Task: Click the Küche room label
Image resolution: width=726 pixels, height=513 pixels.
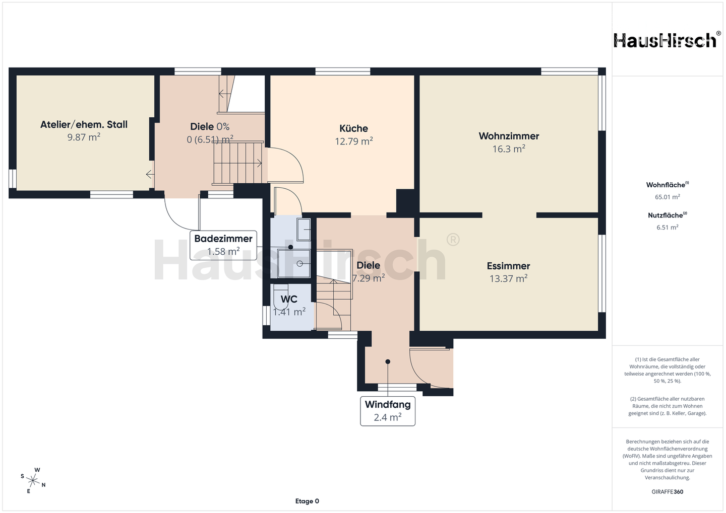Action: coord(353,128)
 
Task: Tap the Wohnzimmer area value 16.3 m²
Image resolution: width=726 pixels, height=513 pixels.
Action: coord(509,149)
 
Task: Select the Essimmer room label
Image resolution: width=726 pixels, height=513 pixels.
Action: coord(509,266)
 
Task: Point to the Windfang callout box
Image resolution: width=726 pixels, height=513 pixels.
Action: coord(388,411)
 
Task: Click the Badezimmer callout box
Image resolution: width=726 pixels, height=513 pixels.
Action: coord(223,245)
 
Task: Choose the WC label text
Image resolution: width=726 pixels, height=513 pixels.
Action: coord(289,299)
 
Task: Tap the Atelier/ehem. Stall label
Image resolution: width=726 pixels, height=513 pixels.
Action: coord(84,125)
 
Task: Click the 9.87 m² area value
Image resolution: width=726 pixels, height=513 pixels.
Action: coord(84,137)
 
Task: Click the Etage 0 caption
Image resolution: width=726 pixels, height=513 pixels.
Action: coord(307,501)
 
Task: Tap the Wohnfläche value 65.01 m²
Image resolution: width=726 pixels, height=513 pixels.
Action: coord(668,197)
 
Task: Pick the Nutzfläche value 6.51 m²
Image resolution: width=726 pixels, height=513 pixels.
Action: coord(668,227)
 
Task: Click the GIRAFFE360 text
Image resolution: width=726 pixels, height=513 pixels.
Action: coord(668,492)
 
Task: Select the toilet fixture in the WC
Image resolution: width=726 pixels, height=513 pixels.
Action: coord(281,296)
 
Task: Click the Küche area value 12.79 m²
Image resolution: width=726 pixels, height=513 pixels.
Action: coord(353,141)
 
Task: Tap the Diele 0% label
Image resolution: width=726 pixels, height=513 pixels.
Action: coord(210,126)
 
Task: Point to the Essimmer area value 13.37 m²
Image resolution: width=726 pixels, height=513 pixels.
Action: coord(509,278)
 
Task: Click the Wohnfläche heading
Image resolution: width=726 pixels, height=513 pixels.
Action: coord(668,185)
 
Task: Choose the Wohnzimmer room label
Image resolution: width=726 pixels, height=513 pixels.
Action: coord(509,136)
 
